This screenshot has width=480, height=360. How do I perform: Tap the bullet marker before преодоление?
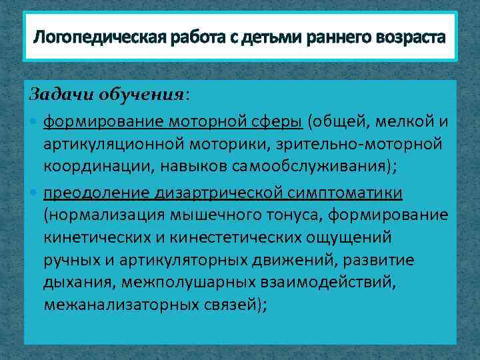click(35, 193)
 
